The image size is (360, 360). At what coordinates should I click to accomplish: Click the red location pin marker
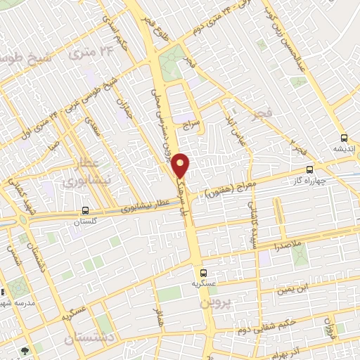(181, 165)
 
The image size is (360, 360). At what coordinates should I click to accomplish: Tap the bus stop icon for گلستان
(85, 210)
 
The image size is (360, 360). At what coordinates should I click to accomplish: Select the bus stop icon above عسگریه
(203, 272)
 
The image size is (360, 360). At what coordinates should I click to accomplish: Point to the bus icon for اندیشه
(344, 138)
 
